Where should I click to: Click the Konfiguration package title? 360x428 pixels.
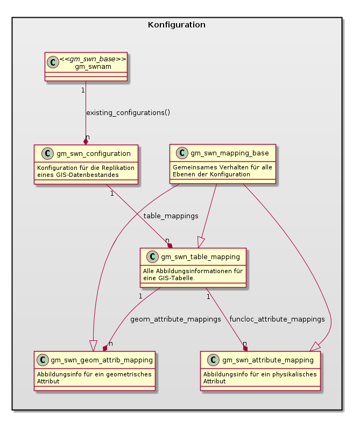coord(177,25)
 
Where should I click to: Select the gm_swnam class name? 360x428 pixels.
coord(89,66)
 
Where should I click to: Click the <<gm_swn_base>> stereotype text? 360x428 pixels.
coord(89,59)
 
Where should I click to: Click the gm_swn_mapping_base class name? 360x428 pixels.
coord(229,153)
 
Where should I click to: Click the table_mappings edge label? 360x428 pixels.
coord(171,216)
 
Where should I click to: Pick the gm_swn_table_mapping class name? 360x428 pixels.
coord(199,257)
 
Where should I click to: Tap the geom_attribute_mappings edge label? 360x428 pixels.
coord(175,319)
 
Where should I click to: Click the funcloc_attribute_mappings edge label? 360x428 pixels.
coord(277,319)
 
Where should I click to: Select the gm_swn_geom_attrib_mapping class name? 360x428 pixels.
coord(101,360)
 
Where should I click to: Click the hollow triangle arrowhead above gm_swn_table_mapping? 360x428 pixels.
coord(202,242)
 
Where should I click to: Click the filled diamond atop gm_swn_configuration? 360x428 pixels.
coord(85,141)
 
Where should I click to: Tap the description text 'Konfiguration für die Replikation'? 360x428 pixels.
coord(85,167)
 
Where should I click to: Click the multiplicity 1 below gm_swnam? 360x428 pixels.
coord(83,90)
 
